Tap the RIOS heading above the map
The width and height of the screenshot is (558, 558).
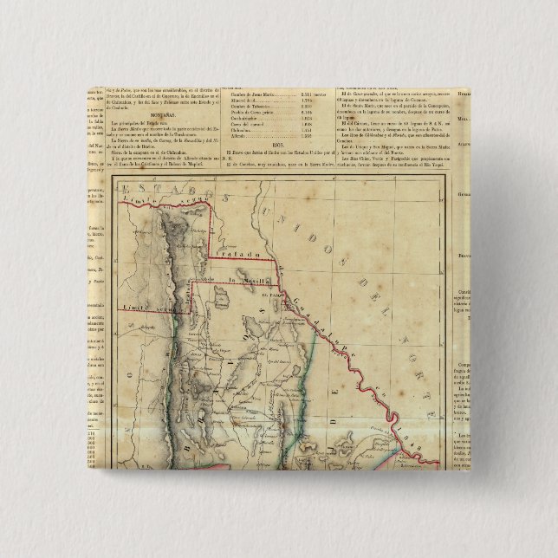click(279, 146)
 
